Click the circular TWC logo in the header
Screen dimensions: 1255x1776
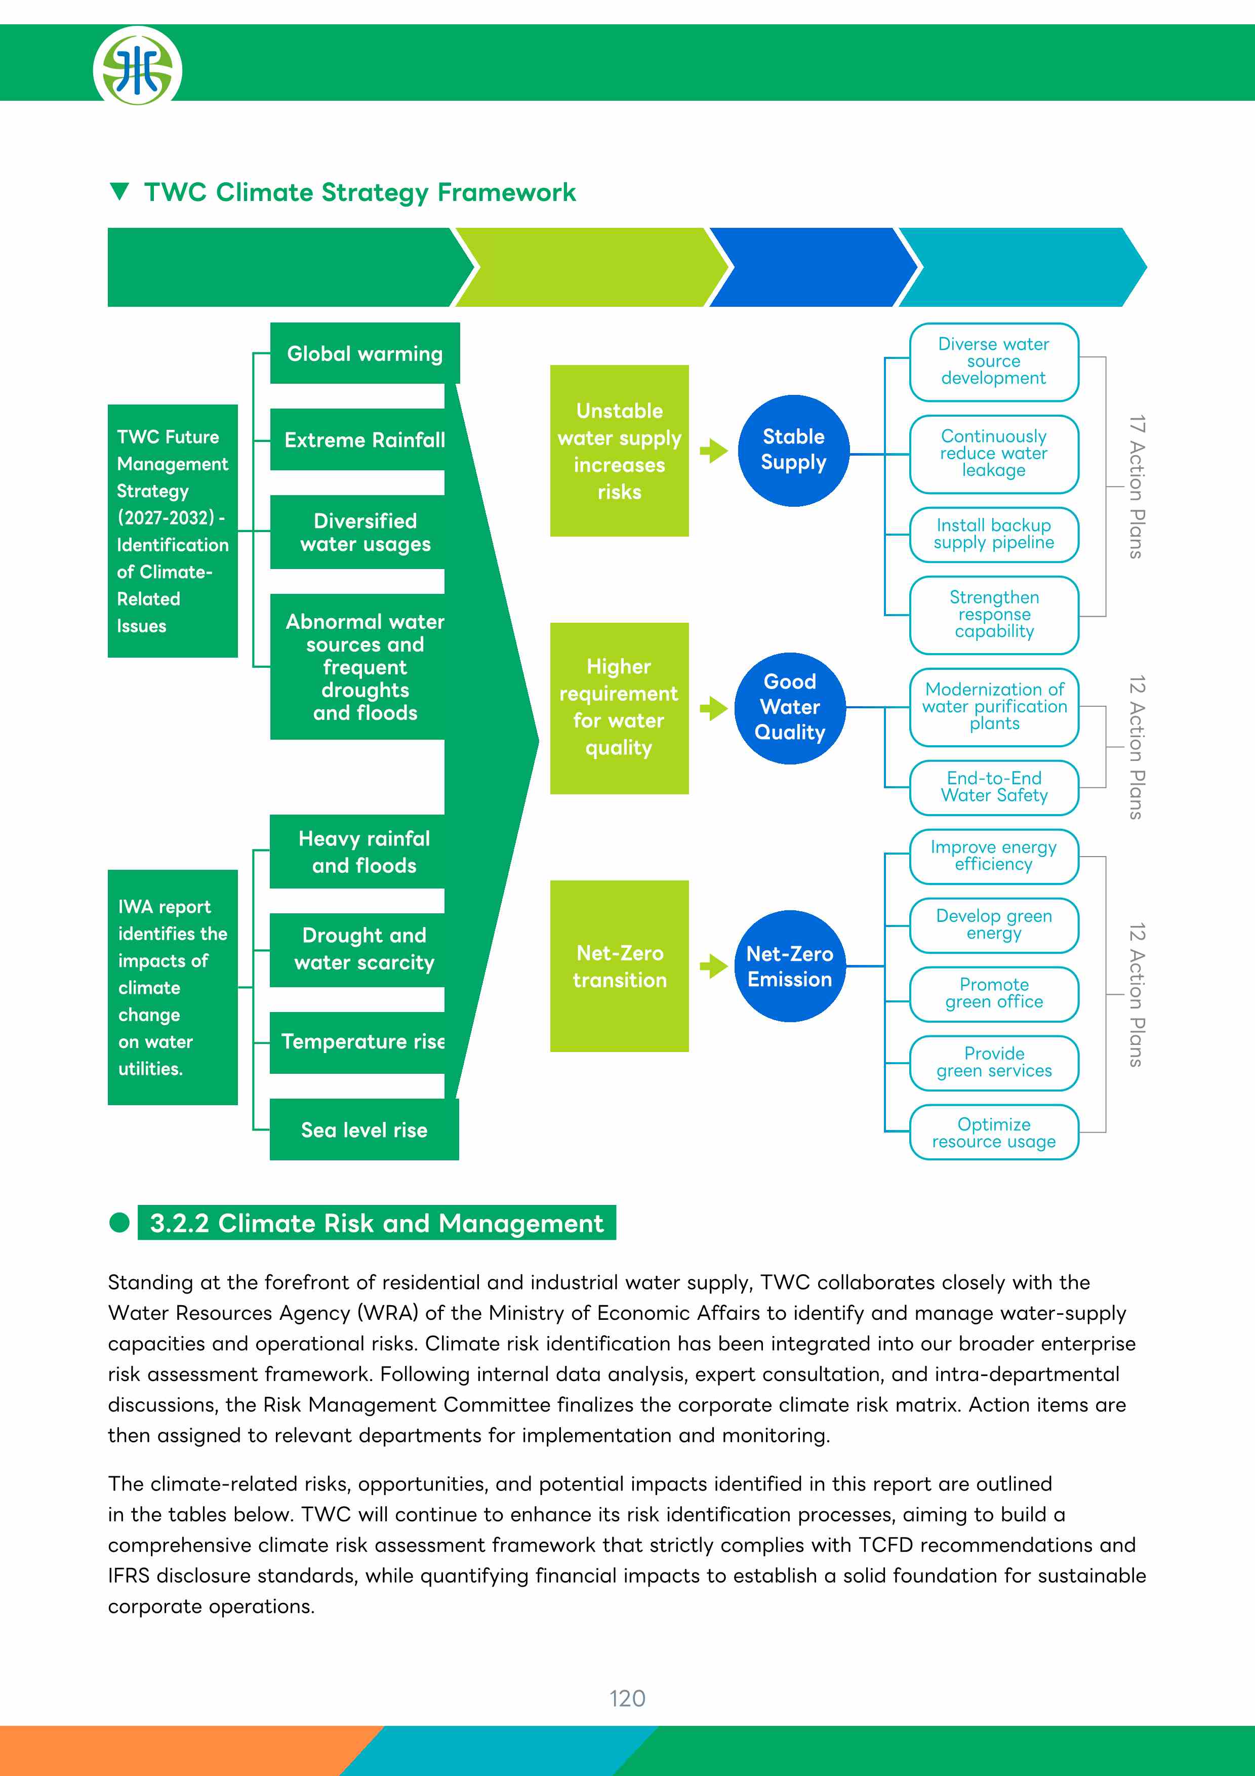(138, 67)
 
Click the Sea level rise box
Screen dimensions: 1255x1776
(364, 1129)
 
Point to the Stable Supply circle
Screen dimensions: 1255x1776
(793, 450)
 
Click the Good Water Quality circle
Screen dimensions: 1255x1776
(789, 708)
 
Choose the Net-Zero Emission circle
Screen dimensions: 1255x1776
(789, 966)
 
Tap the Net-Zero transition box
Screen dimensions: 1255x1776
(619, 966)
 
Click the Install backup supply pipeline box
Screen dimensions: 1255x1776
(994, 534)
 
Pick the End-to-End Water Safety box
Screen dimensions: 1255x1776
(994, 787)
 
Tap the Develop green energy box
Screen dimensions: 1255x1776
(994, 925)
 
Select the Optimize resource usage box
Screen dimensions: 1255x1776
(994, 1133)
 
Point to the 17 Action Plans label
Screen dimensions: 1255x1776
(1135, 487)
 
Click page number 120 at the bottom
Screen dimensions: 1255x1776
(627, 1698)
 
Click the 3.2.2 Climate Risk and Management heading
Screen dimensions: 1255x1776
(377, 1223)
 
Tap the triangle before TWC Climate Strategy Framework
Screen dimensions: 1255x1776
(119, 191)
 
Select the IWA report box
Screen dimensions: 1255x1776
(173, 987)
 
